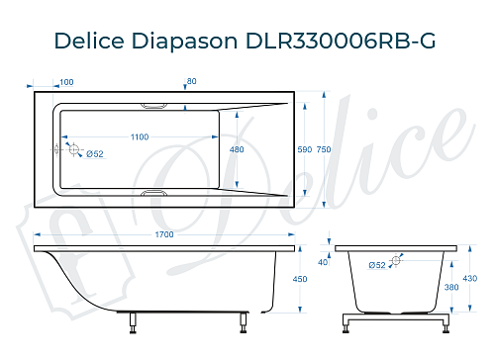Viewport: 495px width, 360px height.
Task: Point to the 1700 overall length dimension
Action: (164, 234)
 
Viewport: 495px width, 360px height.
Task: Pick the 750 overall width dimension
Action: (323, 149)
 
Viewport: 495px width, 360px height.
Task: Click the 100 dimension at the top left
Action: (66, 82)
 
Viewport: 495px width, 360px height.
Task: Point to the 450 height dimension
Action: (302, 280)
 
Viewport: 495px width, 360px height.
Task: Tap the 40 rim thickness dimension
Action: (323, 262)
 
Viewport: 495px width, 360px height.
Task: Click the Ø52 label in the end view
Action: (376, 265)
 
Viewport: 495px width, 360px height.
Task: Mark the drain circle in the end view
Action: (396, 261)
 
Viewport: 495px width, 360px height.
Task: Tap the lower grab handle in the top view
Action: (156, 194)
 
